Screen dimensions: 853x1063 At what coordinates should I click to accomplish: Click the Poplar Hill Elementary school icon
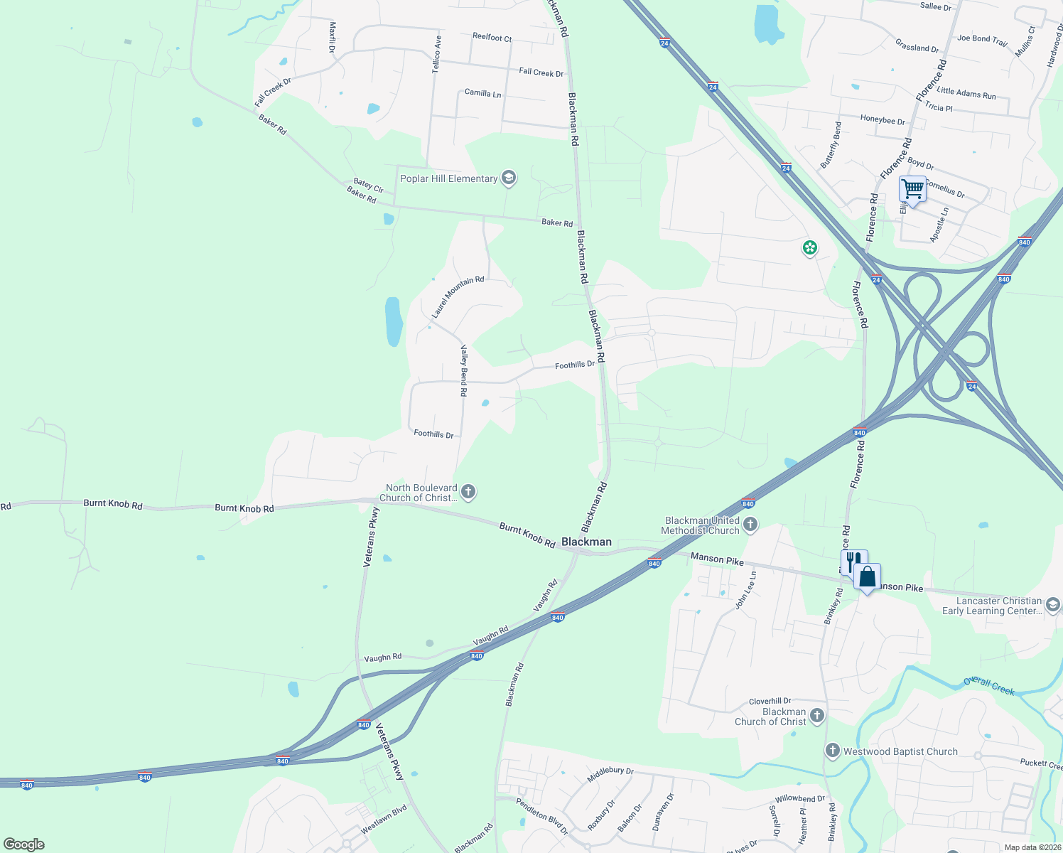[x=508, y=178]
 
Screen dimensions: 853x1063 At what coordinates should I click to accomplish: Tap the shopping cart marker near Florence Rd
[x=912, y=190]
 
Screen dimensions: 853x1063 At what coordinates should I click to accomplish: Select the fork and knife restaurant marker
[x=853, y=561]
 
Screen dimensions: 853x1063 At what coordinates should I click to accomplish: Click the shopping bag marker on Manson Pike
[x=868, y=576]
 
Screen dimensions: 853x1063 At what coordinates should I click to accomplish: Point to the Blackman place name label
[x=586, y=542]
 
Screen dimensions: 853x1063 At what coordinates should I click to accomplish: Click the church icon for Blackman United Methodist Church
[x=750, y=525]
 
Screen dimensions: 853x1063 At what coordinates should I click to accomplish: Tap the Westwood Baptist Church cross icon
[x=832, y=751]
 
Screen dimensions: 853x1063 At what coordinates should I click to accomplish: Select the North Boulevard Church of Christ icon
[x=468, y=491]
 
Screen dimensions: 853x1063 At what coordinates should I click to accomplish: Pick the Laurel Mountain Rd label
[x=457, y=297]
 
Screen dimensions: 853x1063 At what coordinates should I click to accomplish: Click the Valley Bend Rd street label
[x=463, y=370]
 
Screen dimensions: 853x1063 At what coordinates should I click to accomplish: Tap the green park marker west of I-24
[x=809, y=248]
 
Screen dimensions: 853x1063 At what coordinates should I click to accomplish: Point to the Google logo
[x=24, y=844]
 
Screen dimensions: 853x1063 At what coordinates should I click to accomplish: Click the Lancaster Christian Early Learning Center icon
[x=1053, y=605]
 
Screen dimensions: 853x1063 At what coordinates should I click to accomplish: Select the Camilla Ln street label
[x=482, y=93]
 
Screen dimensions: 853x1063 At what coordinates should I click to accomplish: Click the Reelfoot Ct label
[x=492, y=37]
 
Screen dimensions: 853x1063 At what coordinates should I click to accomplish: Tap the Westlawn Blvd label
[x=384, y=819]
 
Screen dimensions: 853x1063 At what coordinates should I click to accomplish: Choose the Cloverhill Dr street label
[x=770, y=701]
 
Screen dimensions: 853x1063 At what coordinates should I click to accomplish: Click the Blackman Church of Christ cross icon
[x=816, y=716]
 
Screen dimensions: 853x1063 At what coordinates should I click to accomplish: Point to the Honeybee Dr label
[x=883, y=120]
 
